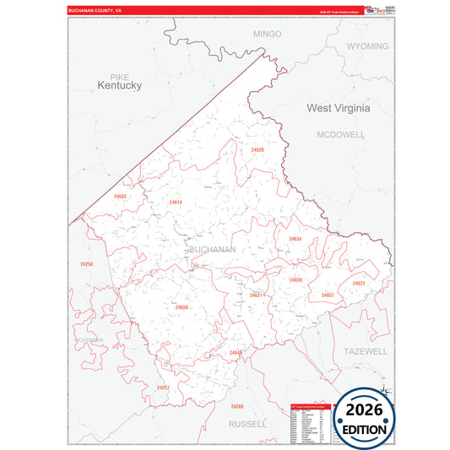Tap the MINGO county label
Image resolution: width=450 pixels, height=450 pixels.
[267, 34]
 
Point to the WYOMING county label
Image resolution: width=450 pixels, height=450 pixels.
[368, 46]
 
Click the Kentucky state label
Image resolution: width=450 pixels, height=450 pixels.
[119, 86]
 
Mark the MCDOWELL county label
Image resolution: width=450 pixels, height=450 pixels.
[340, 134]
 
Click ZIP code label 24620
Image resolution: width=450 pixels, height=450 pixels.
[258, 149]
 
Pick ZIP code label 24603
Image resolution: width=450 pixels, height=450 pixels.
[120, 197]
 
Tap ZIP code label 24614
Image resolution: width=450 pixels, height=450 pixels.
[176, 203]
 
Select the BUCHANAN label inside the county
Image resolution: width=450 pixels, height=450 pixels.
[212, 250]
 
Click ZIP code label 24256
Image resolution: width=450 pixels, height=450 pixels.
[87, 264]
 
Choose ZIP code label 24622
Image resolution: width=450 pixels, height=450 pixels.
[359, 284]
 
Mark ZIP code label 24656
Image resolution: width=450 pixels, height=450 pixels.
[182, 307]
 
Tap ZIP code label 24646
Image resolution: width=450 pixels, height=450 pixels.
[236, 352]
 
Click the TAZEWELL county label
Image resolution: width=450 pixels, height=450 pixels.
[365, 350]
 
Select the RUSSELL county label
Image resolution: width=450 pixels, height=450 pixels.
[247, 423]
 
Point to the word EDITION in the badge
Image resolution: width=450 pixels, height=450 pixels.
[364, 429]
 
